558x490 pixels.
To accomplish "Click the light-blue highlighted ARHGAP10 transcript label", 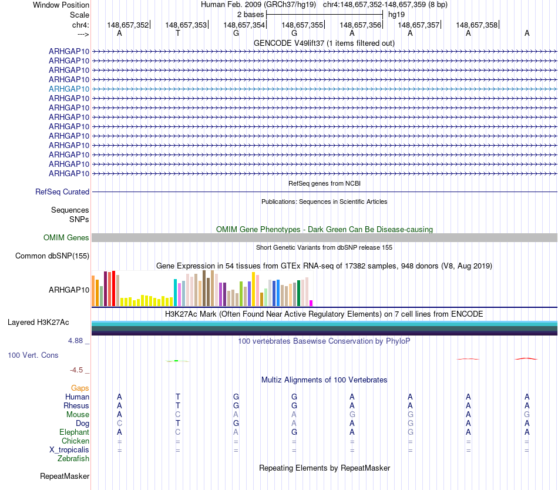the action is point(69,89).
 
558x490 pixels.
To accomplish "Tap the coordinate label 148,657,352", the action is point(128,25).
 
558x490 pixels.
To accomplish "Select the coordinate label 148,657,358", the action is point(476,25).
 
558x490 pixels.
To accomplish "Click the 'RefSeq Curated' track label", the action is point(62,192).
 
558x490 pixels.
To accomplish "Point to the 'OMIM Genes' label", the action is point(66,238).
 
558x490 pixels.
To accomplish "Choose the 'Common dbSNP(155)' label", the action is point(52,256).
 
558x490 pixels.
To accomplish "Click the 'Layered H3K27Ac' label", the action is point(38,323).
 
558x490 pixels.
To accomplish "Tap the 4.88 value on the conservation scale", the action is point(75,341).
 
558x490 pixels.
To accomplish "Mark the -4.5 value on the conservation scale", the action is point(76,370).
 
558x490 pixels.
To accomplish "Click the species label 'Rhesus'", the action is point(76,405).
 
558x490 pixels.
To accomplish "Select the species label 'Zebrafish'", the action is point(73,459).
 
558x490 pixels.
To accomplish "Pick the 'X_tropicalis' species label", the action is point(69,450).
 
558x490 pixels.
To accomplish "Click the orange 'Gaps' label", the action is point(80,388).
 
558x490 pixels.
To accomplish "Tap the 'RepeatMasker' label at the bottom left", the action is point(65,476).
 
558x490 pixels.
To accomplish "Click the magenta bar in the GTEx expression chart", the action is point(311,303).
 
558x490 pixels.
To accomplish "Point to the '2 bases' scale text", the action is point(251,15).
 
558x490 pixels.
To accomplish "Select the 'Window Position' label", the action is point(61,5).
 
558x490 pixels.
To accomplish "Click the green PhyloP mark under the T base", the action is point(177,361).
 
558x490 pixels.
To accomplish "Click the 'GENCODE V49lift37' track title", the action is point(289,43).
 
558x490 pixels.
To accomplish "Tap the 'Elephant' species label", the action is point(75,432).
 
